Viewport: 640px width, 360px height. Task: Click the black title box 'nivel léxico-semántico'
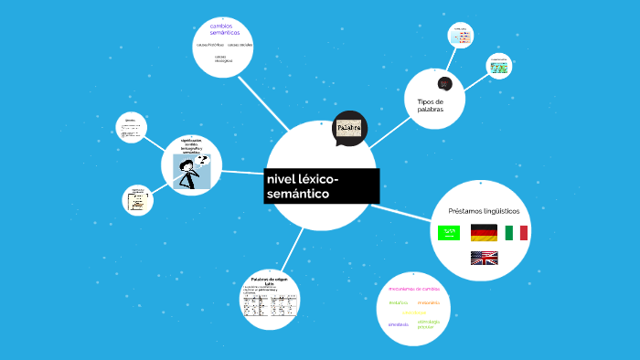point(320,185)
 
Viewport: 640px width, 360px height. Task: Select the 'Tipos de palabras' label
point(430,105)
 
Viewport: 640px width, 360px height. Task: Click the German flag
point(484,232)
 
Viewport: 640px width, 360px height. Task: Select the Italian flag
point(517,232)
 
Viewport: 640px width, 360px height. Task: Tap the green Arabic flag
point(449,232)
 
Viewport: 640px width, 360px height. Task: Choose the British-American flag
point(484,259)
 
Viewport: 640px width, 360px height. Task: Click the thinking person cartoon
point(190,172)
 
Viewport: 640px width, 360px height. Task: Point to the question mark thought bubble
point(202,159)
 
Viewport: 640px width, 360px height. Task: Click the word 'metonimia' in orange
point(428,302)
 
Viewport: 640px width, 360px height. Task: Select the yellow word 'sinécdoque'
point(414,312)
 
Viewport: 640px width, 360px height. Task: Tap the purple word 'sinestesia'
point(399,323)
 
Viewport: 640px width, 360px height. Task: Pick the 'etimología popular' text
point(428,323)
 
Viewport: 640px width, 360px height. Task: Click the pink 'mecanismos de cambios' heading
point(413,289)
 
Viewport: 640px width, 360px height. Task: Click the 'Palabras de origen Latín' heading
point(269,281)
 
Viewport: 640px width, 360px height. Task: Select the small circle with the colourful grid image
point(498,66)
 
